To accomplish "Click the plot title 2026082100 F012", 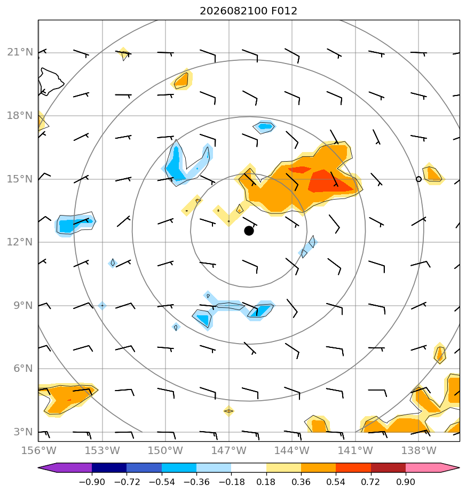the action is [x=248, y=11].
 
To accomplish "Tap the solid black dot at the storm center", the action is [x=249, y=231].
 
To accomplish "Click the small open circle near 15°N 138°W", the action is [x=418, y=179].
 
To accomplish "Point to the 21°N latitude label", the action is [x=20, y=52].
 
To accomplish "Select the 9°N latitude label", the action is [x=23, y=305].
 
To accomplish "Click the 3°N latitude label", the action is [x=23, y=432].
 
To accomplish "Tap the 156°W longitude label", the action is [x=39, y=450].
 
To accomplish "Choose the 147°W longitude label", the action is [x=229, y=450].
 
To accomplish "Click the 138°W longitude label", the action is [x=418, y=450].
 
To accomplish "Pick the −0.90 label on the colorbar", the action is [x=92, y=482].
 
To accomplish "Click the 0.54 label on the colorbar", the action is [x=336, y=482].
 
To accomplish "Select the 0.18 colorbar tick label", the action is [x=266, y=482].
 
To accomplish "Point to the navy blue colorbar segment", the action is [x=109, y=467].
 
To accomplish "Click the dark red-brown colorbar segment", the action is [x=388, y=467].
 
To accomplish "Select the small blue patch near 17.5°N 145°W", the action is [x=264, y=126].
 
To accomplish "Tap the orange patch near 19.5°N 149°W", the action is [x=182, y=80].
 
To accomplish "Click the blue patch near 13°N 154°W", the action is [x=75, y=224].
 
